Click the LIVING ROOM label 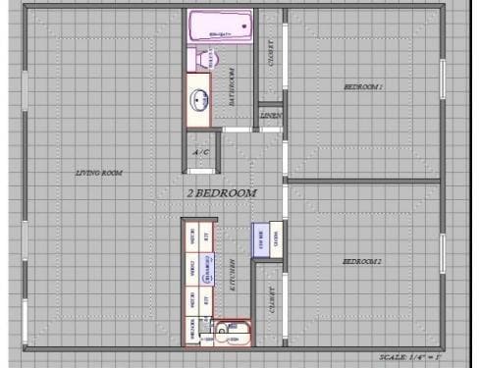(99, 173)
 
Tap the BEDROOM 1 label (362, 87)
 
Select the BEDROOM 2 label (362, 261)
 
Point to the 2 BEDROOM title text (222, 193)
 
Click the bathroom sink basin (200, 99)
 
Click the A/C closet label (200, 152)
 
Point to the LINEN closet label (271, 116)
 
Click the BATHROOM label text (233, 86)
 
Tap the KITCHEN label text (233, 272)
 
